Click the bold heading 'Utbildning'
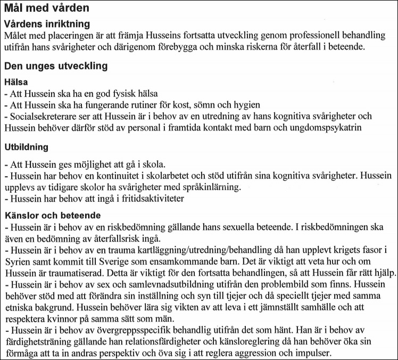pos(27,146)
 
